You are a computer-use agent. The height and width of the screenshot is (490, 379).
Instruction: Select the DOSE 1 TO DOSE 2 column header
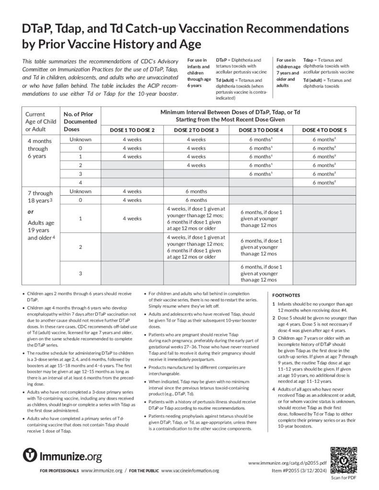pyautogui.click(x=132, y=130)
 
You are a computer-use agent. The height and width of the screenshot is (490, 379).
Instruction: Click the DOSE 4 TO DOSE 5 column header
pyautogui.click(x=324, y=130)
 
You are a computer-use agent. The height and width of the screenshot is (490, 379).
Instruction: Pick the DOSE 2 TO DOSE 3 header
pyautogui.click(x=196, y=130)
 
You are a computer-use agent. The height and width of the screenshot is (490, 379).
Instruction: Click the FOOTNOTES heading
pyautogui.click(x=287, y=295)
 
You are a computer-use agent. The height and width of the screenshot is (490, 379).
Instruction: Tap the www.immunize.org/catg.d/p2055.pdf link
pyautogui.click(x=287, y=463)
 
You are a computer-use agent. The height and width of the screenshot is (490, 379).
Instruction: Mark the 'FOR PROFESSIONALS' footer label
pyautogui.click(x=59, y=471)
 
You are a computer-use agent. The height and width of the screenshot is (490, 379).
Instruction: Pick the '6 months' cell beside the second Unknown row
pyautogui.click(x=196, y=191)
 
